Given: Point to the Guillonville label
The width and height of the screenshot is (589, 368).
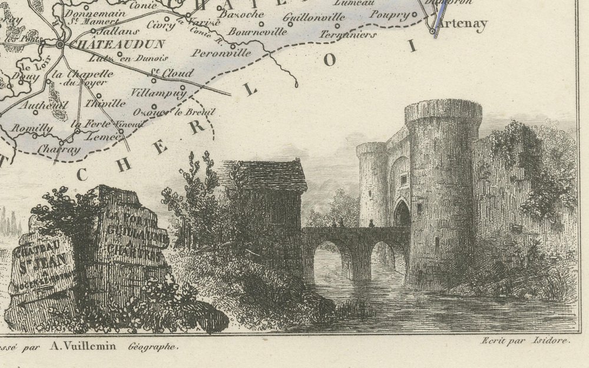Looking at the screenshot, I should click(313, 17).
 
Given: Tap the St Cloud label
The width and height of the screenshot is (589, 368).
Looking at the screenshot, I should click(173, 74).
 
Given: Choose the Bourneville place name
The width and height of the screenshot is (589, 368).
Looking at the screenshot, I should click(257, 31).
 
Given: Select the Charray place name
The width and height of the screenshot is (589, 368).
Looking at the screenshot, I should click(58, 150).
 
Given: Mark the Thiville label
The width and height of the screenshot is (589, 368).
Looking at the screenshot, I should click(106, 103).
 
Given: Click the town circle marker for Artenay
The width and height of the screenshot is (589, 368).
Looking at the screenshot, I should click(433, 31).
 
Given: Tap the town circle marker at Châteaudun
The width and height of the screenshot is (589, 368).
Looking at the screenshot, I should click(60, 44).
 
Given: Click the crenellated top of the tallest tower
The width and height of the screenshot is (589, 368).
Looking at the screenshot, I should click(443, 110).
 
